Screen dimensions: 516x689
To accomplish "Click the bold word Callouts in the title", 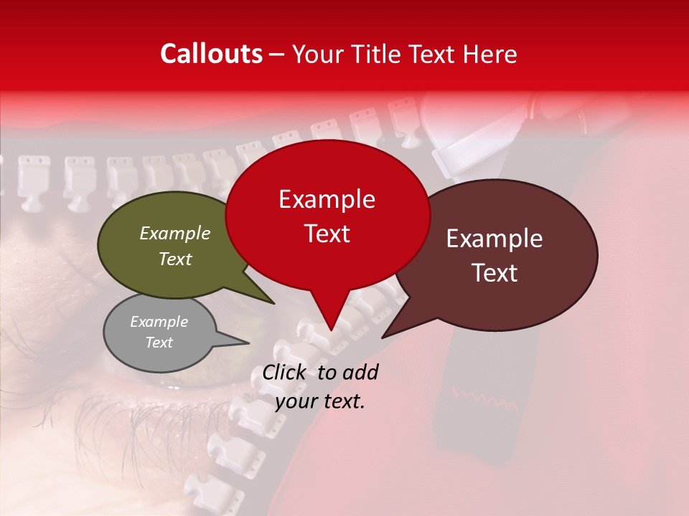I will point(211,54).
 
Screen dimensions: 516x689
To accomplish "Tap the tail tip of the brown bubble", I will point(383,337).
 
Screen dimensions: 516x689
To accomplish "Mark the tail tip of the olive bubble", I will point(273,303).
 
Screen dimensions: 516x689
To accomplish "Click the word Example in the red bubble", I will point(327,199).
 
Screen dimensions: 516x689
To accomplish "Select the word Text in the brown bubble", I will point(495,273).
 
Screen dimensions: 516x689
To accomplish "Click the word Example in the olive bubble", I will point(175,233).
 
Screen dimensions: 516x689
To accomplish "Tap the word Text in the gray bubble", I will point(159,343).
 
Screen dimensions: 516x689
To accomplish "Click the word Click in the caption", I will point(286,372).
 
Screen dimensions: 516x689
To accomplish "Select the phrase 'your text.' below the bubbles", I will point(319,401).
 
